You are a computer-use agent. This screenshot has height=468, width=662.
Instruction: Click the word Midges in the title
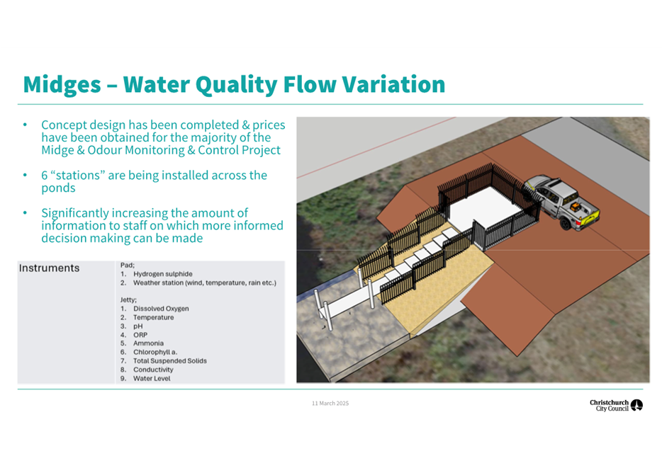point(62,85)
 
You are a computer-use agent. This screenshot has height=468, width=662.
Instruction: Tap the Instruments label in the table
point(49,268)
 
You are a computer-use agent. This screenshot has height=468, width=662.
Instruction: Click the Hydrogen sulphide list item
point(162,274)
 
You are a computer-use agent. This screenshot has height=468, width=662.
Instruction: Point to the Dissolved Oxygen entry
point(161,309)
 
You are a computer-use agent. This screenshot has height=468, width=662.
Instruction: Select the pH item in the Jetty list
point(138,326)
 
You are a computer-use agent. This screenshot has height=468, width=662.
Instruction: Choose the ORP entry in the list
point(140,335)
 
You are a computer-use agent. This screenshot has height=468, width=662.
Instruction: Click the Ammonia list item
point(148,343)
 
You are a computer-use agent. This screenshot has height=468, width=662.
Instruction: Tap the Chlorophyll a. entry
point(155,352)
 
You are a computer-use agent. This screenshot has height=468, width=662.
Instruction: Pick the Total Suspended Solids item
point(169,361)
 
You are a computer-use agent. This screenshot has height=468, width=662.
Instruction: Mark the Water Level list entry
point(152,379)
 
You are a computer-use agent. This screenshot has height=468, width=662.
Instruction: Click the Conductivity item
point(153,370)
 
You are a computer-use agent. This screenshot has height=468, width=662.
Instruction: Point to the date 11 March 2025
point(330,404)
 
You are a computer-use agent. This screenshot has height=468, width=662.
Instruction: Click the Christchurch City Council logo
point(616,405)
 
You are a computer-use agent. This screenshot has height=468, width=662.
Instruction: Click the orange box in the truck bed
point(575,207)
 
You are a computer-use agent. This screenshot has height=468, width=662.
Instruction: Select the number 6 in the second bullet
point(45,176)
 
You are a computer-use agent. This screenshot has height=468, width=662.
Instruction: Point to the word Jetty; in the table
point(128,300)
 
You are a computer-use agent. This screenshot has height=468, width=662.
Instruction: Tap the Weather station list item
point(205,283)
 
